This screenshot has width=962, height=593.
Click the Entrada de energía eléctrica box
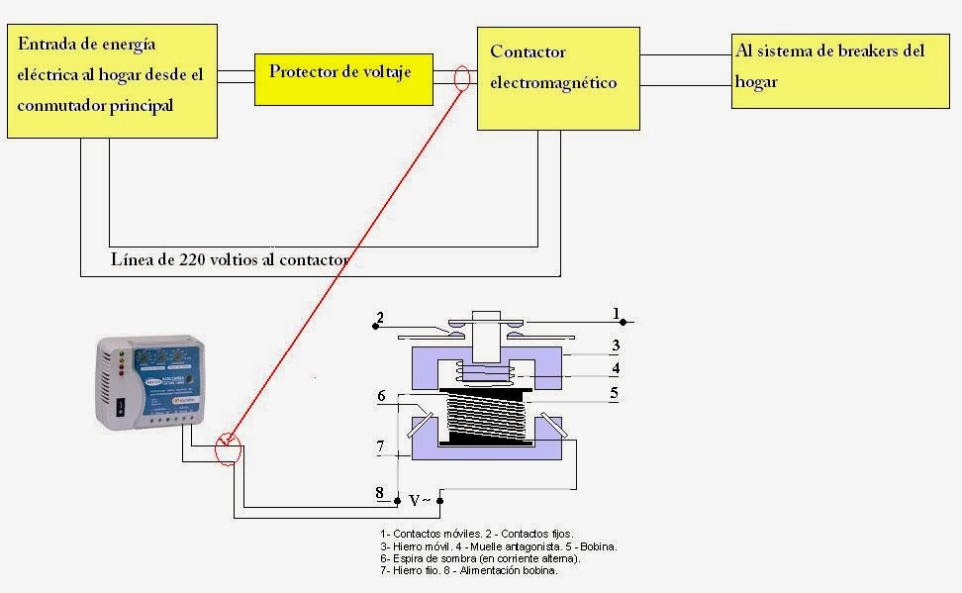[112, 81]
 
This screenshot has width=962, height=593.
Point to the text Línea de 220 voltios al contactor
[231, 260]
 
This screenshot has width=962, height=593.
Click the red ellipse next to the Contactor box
[461, 79]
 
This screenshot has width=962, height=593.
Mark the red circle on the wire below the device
[229, 449]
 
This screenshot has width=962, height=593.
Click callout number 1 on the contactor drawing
[617, 314]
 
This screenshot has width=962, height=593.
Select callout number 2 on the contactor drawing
[378, 318]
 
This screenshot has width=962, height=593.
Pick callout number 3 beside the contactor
[615, 346]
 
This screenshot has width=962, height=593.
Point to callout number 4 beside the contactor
[615, 369]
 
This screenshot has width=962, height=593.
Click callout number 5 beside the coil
[615, 393]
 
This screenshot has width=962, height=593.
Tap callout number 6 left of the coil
[381, 396]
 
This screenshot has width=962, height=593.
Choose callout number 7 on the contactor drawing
[380, 447]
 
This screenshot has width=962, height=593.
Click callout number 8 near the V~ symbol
[379, 493]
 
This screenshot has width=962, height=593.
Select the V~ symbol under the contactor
[420, 501]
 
